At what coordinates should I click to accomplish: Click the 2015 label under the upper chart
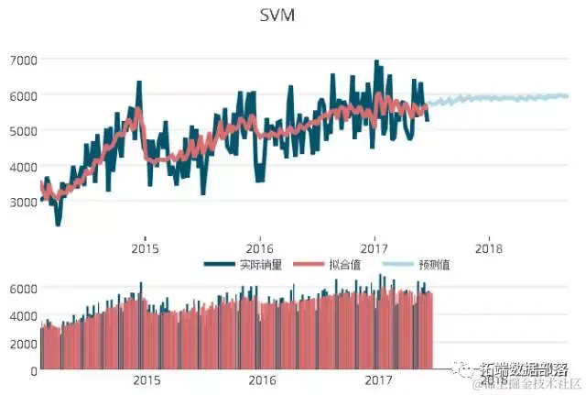click(x=145, y=247)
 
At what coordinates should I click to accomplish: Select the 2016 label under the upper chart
click(x=260, y=247)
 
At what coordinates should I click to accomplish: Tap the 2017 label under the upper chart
click(x=374, y=247)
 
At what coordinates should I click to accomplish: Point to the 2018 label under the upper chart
click(x=489, y=247)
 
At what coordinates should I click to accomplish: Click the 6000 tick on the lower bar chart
click(x=23, y=288)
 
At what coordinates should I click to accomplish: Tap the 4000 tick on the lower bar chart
click(x=23, y=315)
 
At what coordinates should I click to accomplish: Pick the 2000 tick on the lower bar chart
click(x=23, y=343)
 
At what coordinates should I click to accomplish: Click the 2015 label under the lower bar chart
click(x=146, y=379)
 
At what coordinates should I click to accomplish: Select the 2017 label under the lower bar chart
click(x=378, y=379)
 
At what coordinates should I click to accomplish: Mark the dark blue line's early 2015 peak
click(x=139, y=82)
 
